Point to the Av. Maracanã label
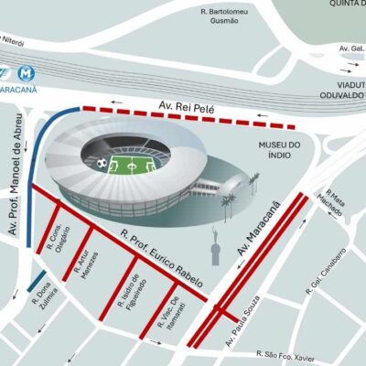258,228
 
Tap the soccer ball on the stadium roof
99,164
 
